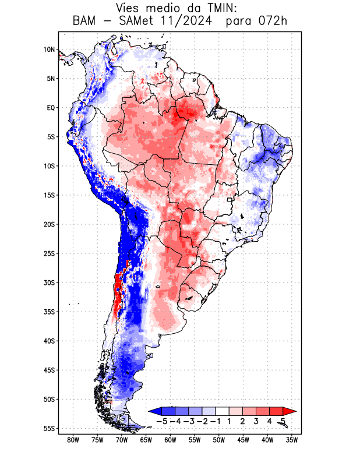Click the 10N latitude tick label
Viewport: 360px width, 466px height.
tap(49, 50)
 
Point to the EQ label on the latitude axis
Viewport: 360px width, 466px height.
tap(51, 108)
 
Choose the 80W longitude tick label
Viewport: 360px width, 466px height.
tap(73, 440)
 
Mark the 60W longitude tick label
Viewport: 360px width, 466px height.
tap(170, 440)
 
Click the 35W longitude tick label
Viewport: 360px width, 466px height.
tap(292, 440)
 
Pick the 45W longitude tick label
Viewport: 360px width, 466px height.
tap(243, 440)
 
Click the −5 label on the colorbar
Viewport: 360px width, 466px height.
tap(161, 421)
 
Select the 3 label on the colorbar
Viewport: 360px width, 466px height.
tap(256, 421)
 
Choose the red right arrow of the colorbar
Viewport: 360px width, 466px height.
tap(290, 411)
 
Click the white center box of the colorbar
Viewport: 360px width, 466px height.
tap(222, 411)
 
